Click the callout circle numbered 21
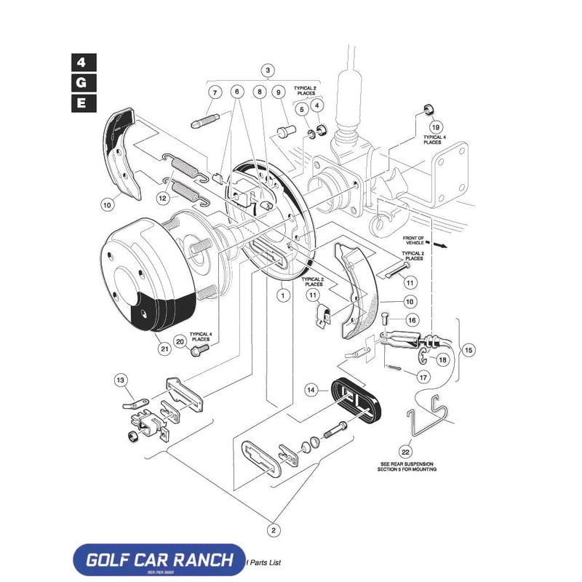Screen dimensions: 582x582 click(164, 348)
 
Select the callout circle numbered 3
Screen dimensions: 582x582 click(268, 71)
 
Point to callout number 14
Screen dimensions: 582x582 click(312, 391)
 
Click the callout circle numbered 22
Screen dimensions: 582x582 click(404, 451)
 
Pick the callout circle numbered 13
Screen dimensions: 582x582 click(121, 380)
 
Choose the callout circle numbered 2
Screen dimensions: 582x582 click(273, 530)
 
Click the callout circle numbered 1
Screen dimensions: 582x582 click(282, 295)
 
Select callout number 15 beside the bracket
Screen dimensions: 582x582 click(469, 351)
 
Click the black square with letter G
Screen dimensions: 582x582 click(82, 82)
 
